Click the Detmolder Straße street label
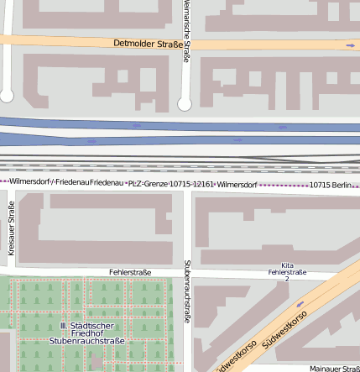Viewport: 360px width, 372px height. click(149, 43)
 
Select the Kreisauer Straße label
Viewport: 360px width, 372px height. click(12, 228)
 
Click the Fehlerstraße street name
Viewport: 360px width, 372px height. click(130, 272)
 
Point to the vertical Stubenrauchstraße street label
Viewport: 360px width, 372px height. click(186, 292)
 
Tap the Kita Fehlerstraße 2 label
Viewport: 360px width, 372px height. click(287, 270)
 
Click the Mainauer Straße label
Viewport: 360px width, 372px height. click(334, 368)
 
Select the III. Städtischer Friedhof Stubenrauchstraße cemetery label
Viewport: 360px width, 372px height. click(86, 333)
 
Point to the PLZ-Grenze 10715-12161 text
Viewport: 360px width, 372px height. click(171, 182)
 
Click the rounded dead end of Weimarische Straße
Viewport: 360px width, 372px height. click(185, 104)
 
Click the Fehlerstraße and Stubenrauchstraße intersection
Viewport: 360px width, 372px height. click(187, 273)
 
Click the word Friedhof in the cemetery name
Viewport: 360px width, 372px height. click(86, 333)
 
